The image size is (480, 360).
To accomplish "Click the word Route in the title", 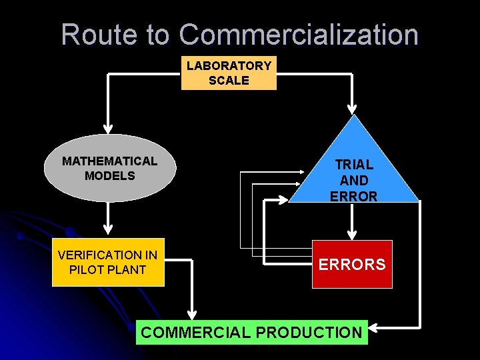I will (113, 35).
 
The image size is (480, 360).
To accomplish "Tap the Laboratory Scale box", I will (229, 73).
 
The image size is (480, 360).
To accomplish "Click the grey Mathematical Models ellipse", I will (110, 168).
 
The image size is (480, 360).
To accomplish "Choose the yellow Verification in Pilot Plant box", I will (108, 262).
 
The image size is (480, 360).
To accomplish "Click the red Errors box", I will (352, 264).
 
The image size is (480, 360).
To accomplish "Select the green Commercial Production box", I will (251, 331).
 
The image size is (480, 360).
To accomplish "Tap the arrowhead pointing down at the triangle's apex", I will (353, 109).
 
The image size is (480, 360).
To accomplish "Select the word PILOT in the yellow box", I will (91, 269).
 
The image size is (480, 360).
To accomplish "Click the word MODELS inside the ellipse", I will (110, 176).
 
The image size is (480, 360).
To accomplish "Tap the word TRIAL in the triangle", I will (354, 164).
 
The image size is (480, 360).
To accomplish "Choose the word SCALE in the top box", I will (229, 81).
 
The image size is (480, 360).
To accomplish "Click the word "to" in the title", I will (158, 35).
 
